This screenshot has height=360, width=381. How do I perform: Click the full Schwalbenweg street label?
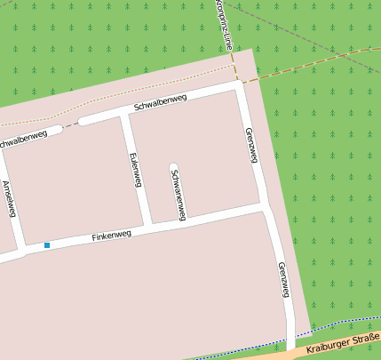coord(160,102)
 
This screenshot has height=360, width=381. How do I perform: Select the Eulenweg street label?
coord(136,170)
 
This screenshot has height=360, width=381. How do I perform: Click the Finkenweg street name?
coord(112,236)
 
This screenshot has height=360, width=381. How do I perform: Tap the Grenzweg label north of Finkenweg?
coord(251,145)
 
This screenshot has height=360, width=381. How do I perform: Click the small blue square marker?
coord(47,244)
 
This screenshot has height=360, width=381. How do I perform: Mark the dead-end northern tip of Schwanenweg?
coord(173,166)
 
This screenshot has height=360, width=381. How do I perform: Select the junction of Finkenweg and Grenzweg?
coord(265,206)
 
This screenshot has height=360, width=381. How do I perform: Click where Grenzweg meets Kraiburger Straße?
coord(291,349)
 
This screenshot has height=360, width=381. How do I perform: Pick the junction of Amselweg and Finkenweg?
coord(21,252)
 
